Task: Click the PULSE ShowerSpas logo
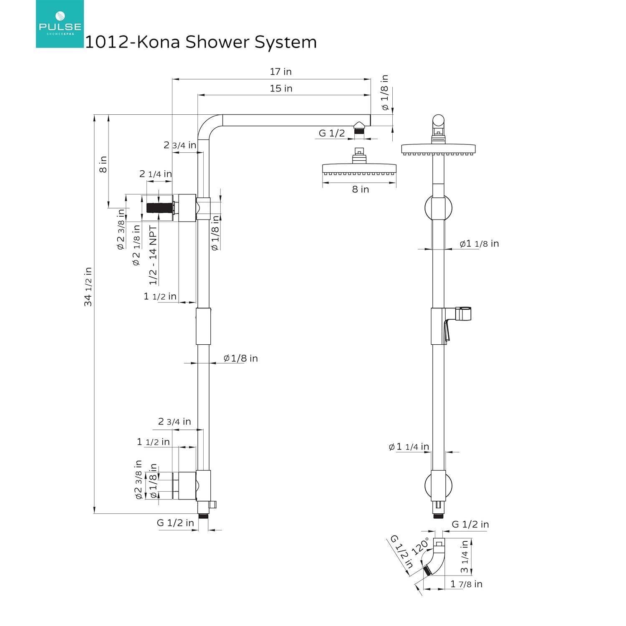pyautogui.click(x=60, y=24)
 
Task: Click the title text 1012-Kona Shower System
pyautogui.click(x=201, y=42)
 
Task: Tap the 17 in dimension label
pyautogui.click(x=280, y=72)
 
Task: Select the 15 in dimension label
pyautogui.click(x=281, y=88)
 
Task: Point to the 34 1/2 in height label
pyautogui.click(x=88, y=287)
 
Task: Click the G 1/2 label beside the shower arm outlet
pyautogui.click(x=332, y=133)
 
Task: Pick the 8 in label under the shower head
pyautogui.click(x=360, y=189)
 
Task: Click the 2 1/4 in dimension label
pyautogui.click(x=155, y=174)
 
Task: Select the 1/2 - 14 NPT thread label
pyautogui.click(x=153, y=255)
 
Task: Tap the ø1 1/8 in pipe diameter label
pyautogui.click(x=479, y=244)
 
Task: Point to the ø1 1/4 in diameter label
pyautogui.click(x=409, y=447)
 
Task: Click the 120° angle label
pyautogui.click(x=420, y=546)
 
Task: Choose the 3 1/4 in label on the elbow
pyautogui.click(x=464, y=557)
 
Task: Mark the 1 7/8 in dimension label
pyautogui.click(x=466, y=584)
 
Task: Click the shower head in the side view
pyautogui.click(x=359, y=168)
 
